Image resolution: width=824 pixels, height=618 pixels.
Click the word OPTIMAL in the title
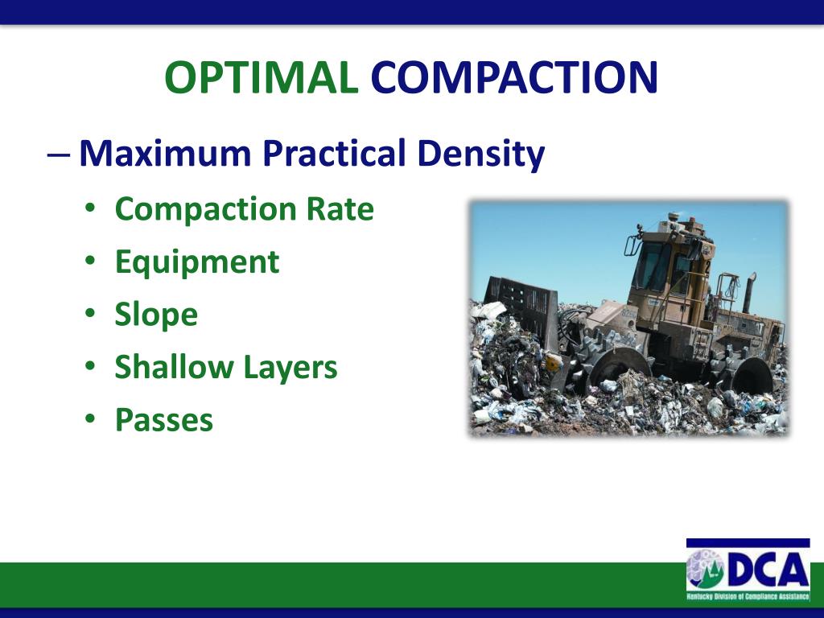(x=261, y=77)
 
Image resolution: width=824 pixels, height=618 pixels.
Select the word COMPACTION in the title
(x=514, y=77)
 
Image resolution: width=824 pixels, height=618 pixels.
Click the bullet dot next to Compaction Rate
(x=92, y=209)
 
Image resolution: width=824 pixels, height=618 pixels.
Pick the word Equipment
(x=197, y=262)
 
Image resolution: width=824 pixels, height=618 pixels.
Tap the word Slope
(x=156, y=315)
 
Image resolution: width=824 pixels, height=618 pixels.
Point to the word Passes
(x=164, y=420)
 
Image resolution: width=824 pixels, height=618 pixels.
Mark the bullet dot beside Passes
(x=92, y=420)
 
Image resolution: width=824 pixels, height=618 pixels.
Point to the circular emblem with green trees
(x=706, y=571)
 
